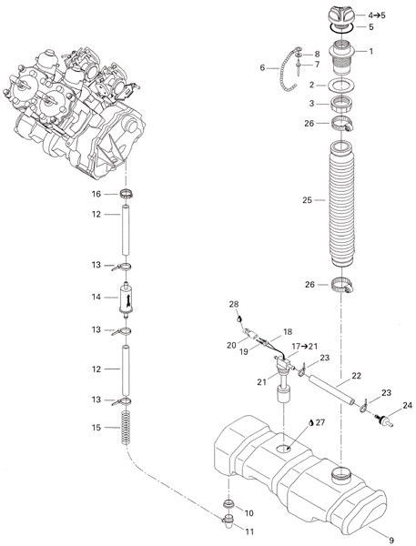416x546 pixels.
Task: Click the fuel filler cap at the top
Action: (341, 16)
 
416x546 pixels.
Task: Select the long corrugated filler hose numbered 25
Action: (341, 205)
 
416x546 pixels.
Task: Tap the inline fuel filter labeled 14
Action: (127, 298)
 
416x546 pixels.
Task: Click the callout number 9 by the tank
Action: (391, 540)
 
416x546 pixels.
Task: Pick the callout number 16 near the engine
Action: (96, 194)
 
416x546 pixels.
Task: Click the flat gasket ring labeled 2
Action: (341, 85)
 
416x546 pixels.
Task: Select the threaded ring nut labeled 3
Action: (341, 104)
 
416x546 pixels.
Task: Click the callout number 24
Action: (407, 406)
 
